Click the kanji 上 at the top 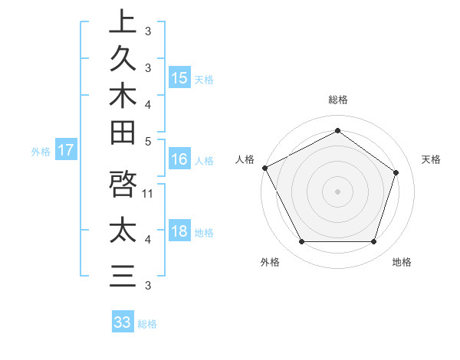point(123,21)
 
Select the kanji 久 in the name point(123,58)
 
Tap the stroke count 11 point(148,194)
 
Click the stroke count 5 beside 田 point(148,141)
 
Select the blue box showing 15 point(179,77)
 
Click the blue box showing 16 point(179,159)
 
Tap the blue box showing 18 point(179,231)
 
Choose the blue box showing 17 point(66,150)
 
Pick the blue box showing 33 point(123,322)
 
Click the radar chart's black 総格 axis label point(337,100)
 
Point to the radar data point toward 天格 point(396,172)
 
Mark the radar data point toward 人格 point(265,168)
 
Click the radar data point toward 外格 point(301,242)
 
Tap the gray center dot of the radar point(337,191)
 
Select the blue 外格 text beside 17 point(41,152)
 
